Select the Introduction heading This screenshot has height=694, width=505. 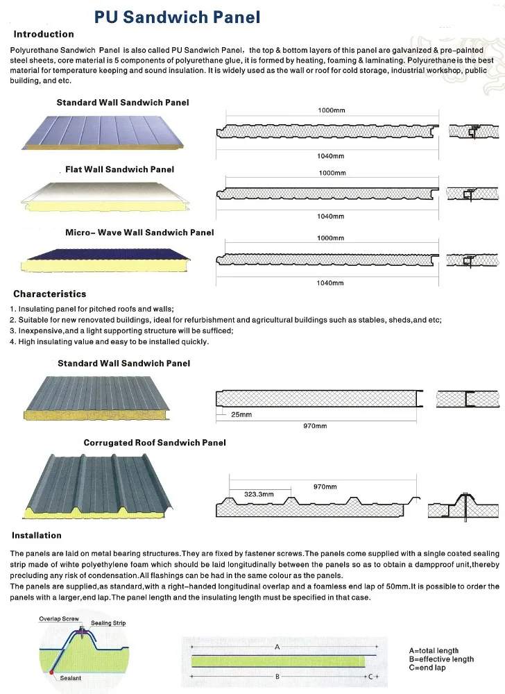point(43,34)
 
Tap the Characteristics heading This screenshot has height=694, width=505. point(49,294)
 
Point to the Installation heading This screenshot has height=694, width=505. point(36,535)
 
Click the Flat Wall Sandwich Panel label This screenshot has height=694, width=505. point(119,169)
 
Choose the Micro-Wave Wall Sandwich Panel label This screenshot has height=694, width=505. point(139,232)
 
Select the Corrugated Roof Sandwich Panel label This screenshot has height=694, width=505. point(154,442)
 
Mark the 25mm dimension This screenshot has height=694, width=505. point(241,414)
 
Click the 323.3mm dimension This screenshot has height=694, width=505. point(259,494)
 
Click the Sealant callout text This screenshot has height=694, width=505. point(70,678)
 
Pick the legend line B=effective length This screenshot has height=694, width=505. point(441,659)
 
